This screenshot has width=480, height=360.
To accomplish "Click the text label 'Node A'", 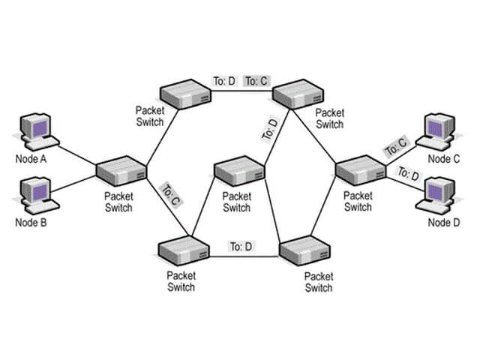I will click(x=31, y=159).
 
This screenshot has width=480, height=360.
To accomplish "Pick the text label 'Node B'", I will click(x=31, y=223).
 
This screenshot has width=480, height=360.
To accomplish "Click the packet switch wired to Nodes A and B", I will click(x=121, y=171).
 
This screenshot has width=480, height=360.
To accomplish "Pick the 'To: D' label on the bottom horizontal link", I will click(x=241, y=245).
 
